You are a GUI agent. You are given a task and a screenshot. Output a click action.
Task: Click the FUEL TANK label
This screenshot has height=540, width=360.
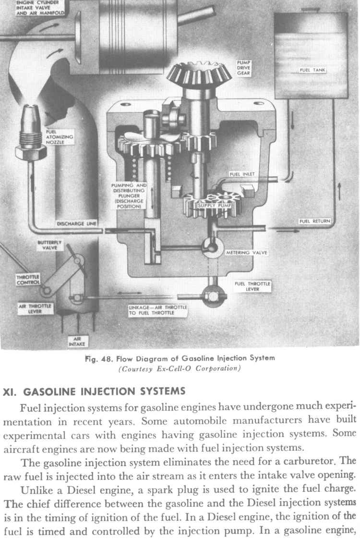click(312, 70)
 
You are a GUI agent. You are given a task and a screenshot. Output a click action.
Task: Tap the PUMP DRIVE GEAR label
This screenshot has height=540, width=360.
click(244, 68)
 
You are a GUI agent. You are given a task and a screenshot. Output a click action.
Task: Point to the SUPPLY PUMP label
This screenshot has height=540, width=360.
click(215, 206)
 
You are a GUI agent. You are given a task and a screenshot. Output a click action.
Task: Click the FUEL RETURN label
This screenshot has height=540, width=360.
click(314, 221)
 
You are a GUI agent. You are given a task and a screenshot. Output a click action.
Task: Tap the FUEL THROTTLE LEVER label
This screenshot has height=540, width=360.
click(252, 286)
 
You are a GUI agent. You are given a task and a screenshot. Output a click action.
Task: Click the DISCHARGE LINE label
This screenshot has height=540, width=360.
click(76, 224)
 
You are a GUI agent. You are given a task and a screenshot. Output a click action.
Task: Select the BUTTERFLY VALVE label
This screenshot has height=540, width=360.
click(47, 245)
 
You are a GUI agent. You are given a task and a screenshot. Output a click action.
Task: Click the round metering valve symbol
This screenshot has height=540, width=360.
click(210, 244)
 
